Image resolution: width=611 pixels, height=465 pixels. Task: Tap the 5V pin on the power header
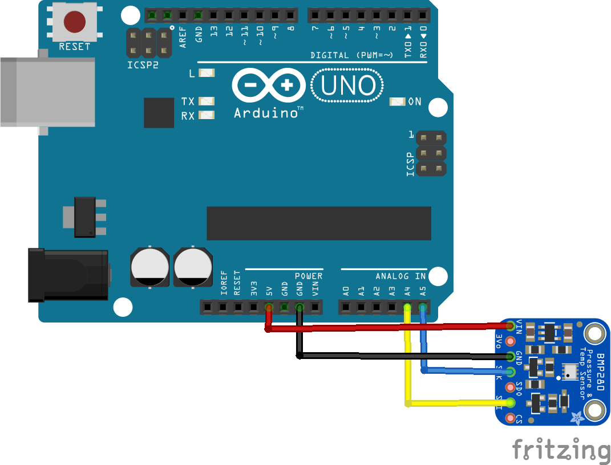[269, 308]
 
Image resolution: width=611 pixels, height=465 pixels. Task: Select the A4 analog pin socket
[407, 308]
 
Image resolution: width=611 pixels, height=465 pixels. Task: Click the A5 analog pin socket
[423, 308]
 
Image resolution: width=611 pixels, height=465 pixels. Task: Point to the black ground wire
[399, 356]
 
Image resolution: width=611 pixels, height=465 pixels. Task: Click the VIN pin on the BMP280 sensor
[511, 325]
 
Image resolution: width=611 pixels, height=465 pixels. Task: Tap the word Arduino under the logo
[266, 113]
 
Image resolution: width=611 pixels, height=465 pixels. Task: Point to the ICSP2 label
[143, 64]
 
